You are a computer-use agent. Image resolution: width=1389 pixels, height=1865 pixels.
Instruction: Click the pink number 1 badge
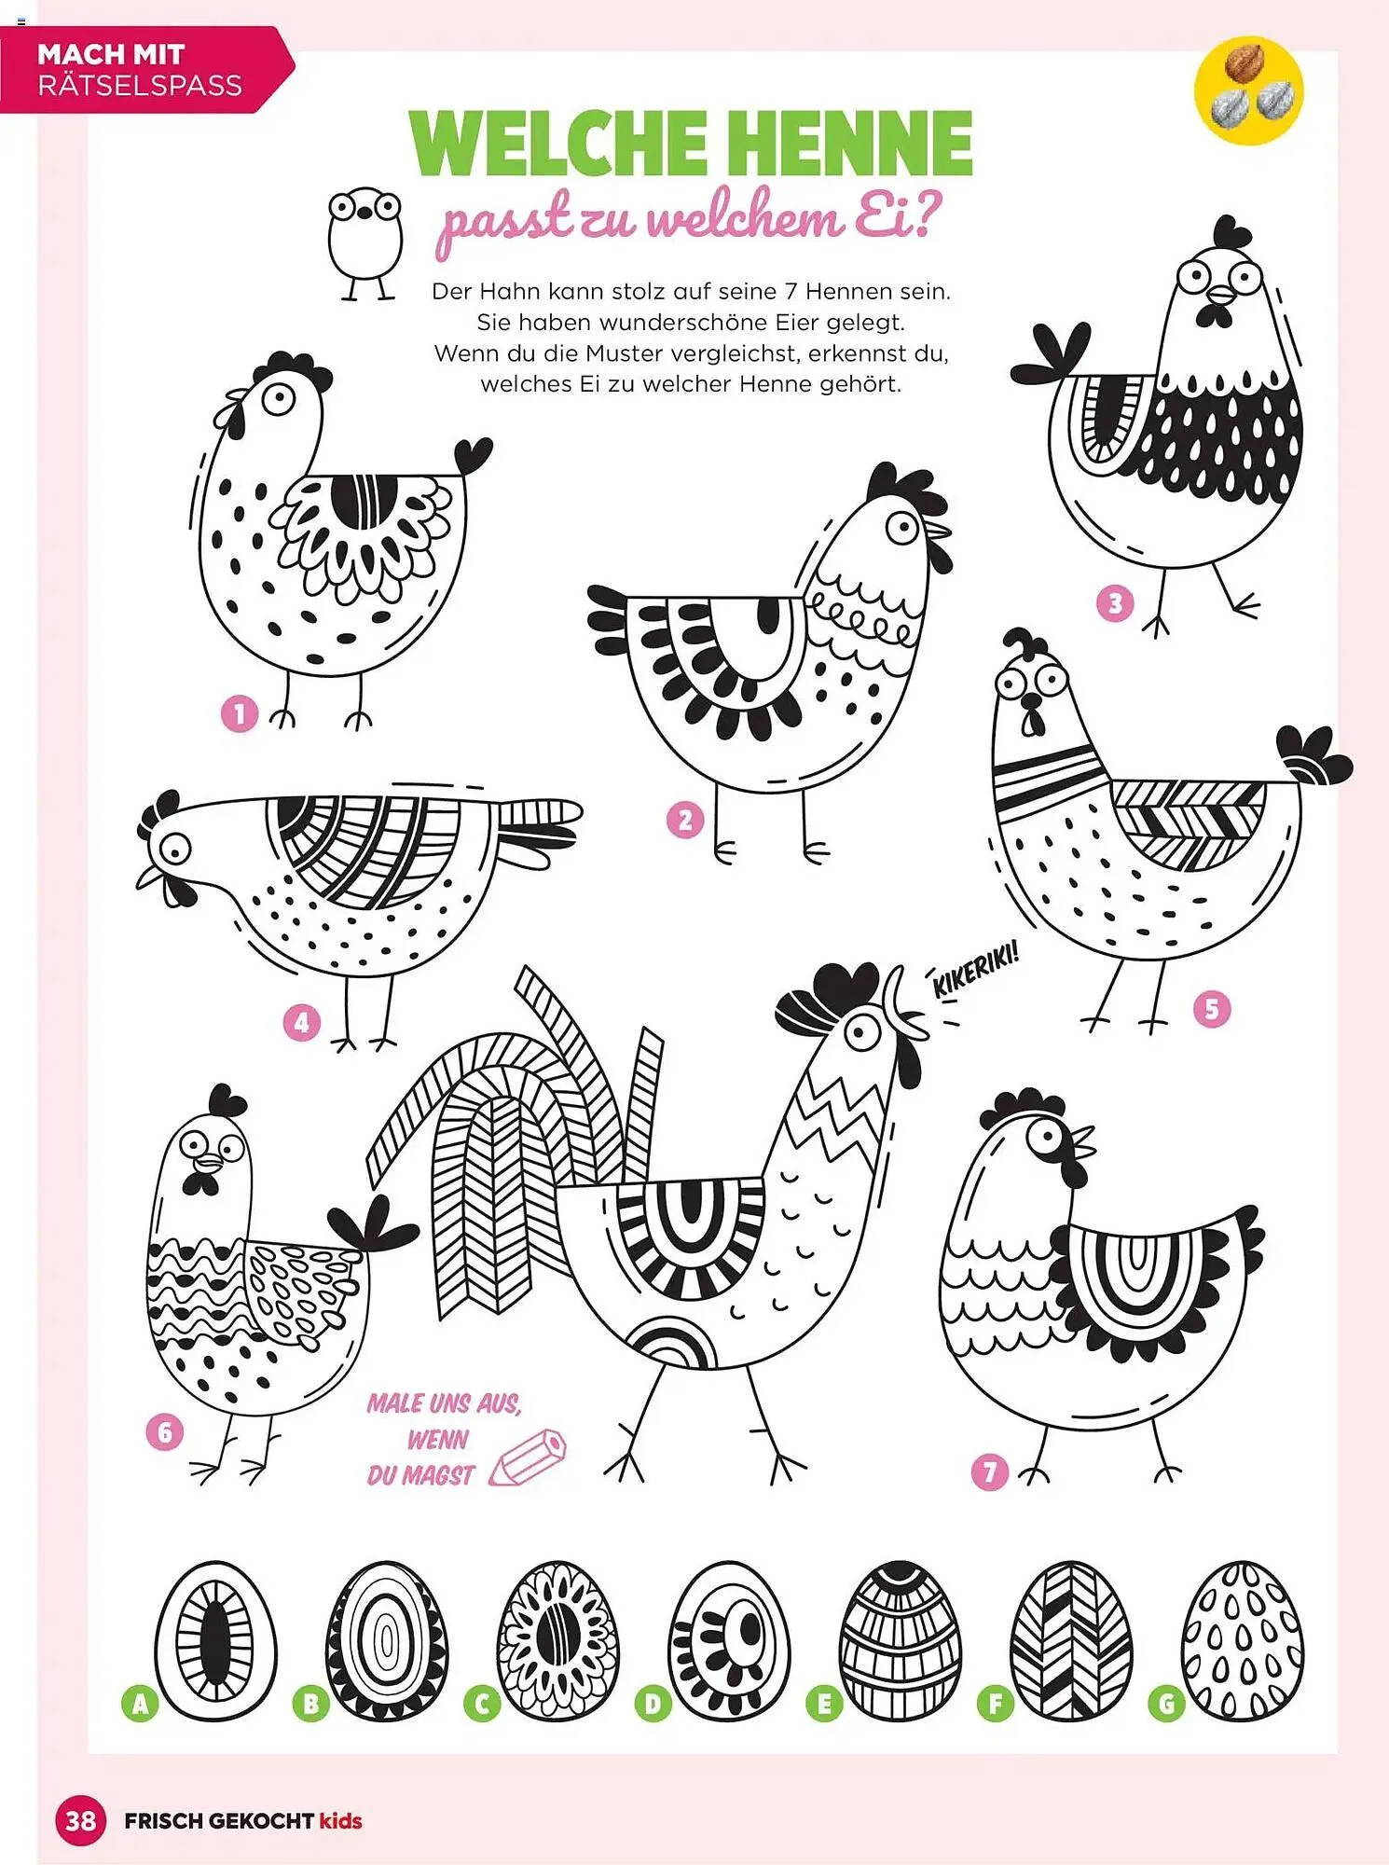(239, 714)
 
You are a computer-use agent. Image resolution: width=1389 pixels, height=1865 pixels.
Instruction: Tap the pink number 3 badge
(1115, 603)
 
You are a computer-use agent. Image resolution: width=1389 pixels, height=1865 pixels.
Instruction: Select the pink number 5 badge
(1212, 1009)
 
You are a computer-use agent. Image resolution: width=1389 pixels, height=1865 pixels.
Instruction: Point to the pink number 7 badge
(990, 1472)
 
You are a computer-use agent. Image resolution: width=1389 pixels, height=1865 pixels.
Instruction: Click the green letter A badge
(140, 1706)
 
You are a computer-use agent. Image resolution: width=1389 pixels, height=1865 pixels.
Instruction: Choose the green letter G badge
(1166, 1706)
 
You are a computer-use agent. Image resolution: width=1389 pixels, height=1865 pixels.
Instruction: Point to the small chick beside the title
(365, 242)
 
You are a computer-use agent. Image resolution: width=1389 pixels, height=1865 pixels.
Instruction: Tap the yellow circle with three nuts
(1248, 90)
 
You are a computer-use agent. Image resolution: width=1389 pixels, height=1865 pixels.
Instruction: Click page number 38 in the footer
(80, 1819)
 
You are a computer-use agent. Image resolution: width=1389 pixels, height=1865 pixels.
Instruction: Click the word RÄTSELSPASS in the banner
(140, 86)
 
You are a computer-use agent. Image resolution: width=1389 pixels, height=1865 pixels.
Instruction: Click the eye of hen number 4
(174, 849)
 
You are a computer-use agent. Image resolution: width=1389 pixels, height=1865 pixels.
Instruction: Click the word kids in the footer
(340, 1819)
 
